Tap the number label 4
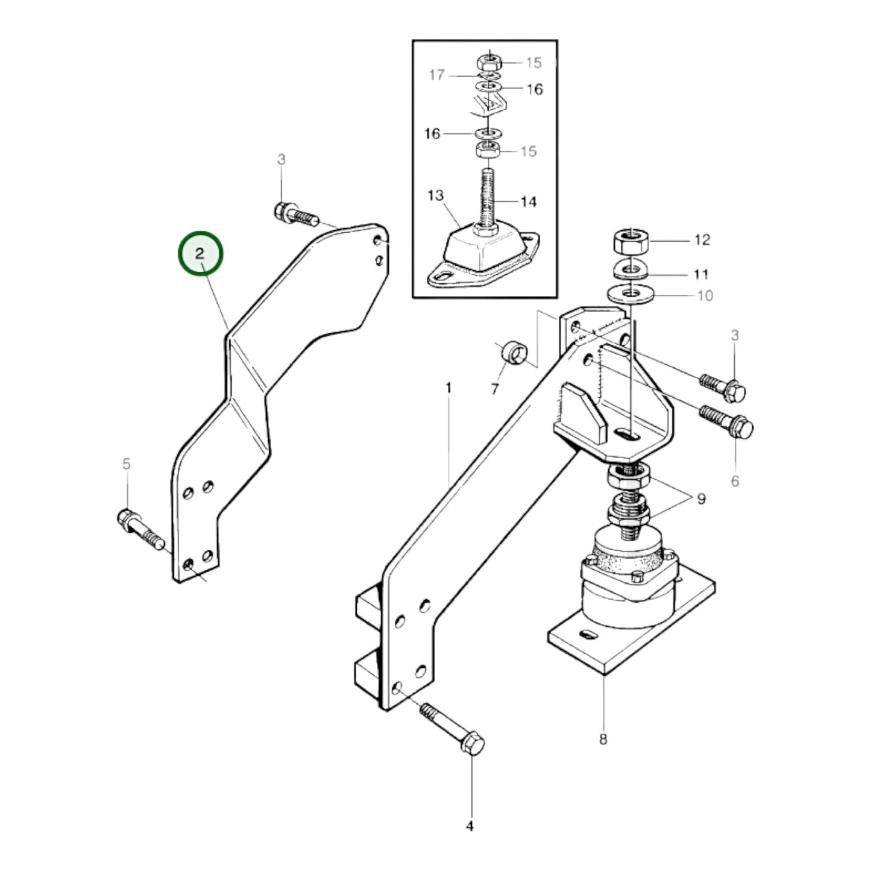pos(470,826)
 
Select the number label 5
pos(126,464)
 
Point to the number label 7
pos(495,389)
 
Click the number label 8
pos(603,739)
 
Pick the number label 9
pos(701,499)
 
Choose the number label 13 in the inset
pos(436,195)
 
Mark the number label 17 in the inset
pos(437,75)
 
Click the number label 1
pos(448,388)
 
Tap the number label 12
pos(702,240)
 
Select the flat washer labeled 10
pos(630,295)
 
